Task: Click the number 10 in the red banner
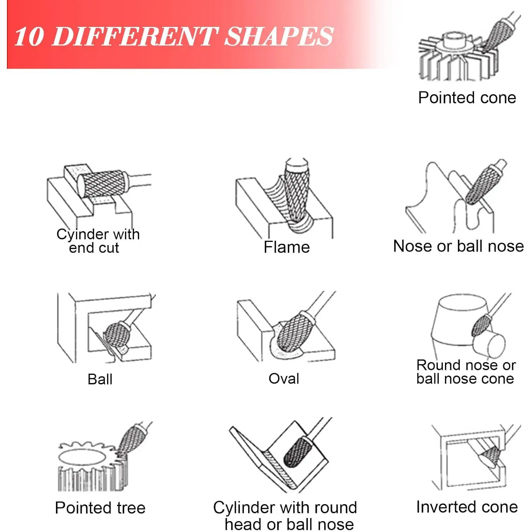30,36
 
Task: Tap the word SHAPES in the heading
279,36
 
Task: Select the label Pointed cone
467,98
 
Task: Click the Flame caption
287,247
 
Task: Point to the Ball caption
100,379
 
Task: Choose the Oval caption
284,378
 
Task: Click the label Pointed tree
100,508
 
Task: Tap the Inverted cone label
467,507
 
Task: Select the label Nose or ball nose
458,246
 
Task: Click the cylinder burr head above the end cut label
103,183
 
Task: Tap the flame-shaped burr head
297,191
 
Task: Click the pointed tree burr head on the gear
130,440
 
